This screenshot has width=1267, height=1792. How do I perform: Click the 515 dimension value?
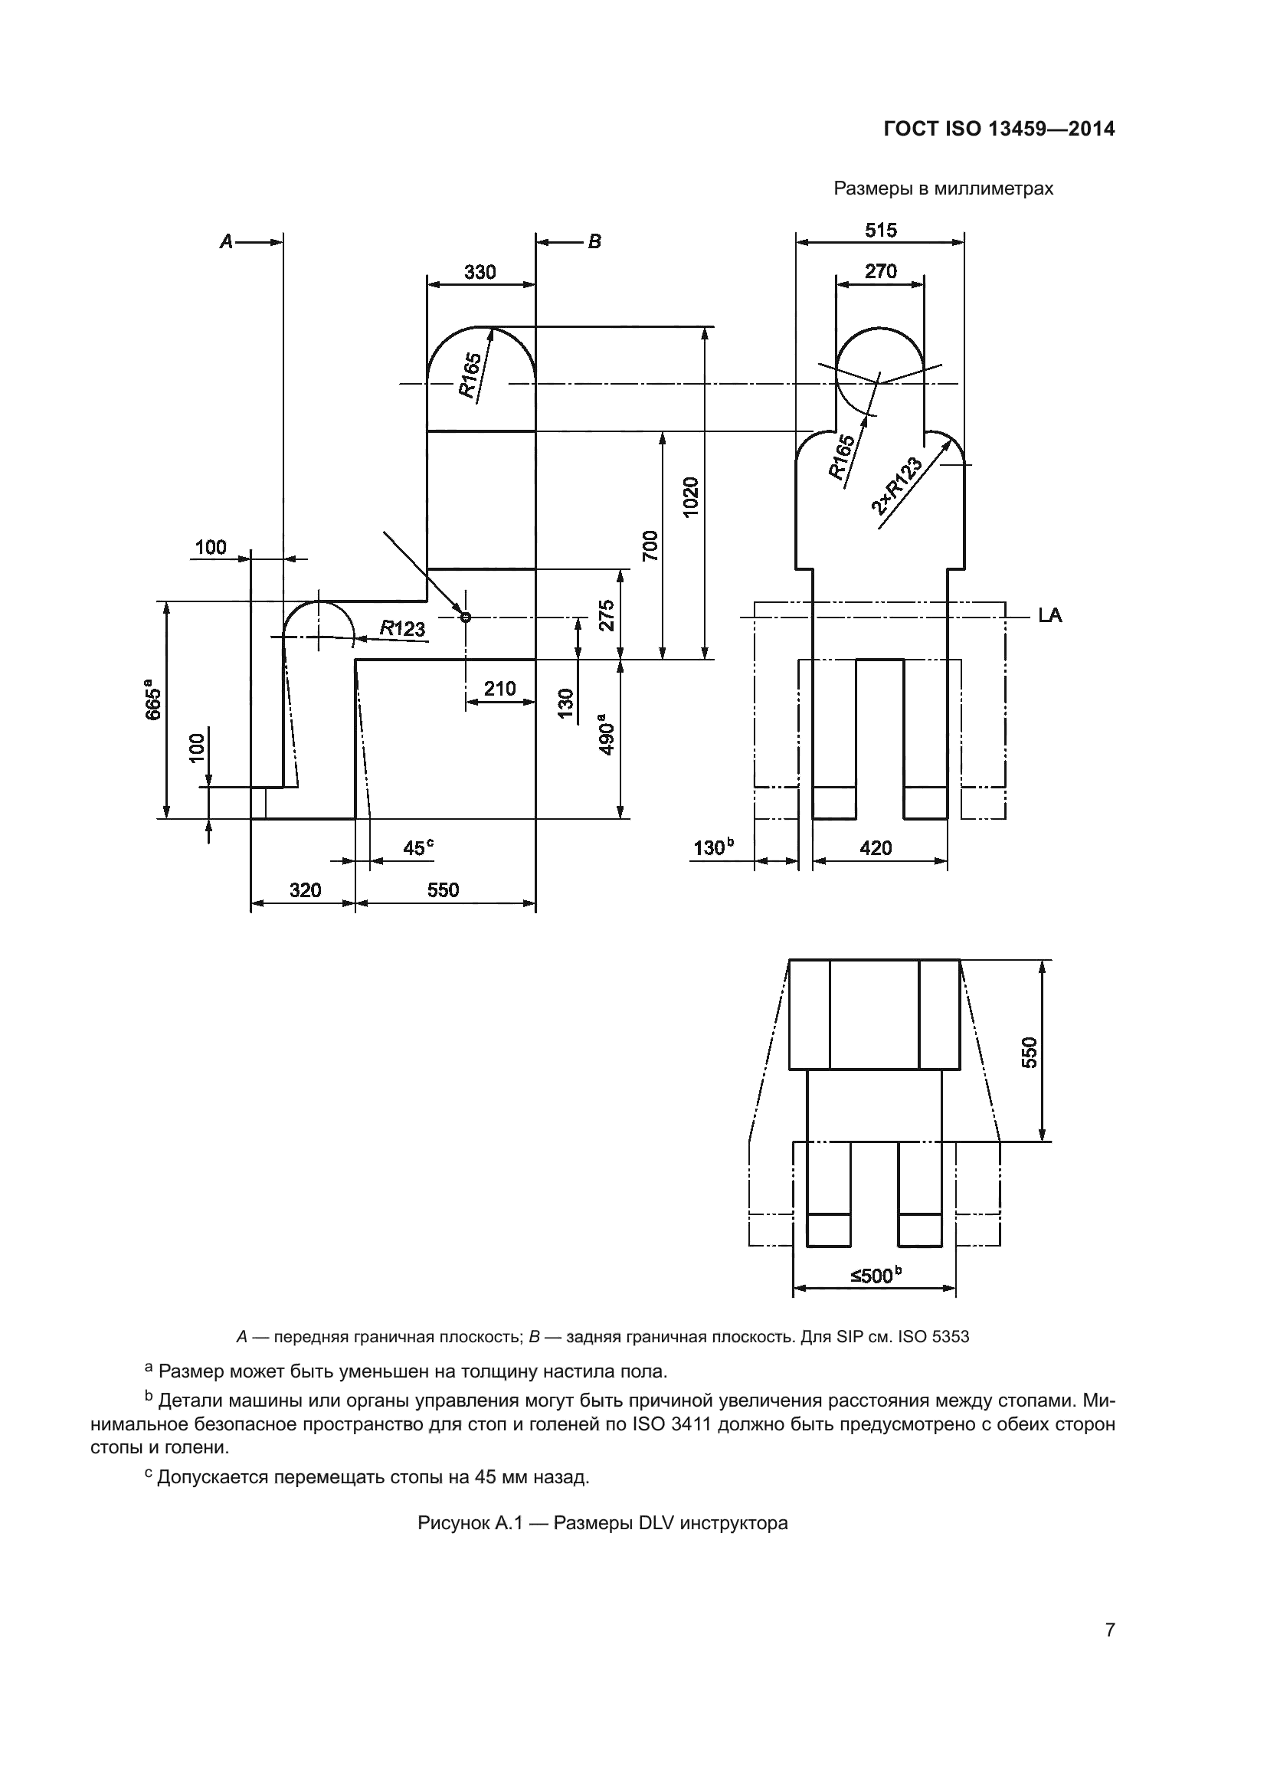pyautogui.click(x=881, y=231)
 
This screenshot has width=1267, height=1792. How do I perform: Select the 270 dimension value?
pyautogui.click(x=881, y=272)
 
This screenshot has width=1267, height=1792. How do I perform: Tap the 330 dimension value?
pyautogui.click(x=480, y=272)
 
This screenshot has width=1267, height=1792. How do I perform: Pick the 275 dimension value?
pyautogui.click(x=607, y=615)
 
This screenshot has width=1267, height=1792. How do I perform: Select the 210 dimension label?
pyautogui.click(x=499, y=689)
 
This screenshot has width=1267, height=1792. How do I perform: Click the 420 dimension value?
pyautogui.click(x=876, y=848)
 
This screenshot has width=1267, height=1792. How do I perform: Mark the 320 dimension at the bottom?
pyautogui.click(x=305, y=890)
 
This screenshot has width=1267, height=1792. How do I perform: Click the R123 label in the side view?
pyautogui.click(x=403, y=627)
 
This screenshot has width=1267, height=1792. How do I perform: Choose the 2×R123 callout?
pyautogui.click(x=897, y=486)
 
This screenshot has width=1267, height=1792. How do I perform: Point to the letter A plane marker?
pyautogui.click(x=226, y=242)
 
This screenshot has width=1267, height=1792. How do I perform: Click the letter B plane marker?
pyautogui.click(x=594, y=242)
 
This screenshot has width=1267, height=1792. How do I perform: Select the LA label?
pyautogui.click(x=1049, y=616)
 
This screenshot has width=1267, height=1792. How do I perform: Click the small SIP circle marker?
pyautogui.click(x=466, y=618)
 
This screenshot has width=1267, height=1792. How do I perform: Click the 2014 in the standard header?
pyautogui.click(x=1092, y=129)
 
